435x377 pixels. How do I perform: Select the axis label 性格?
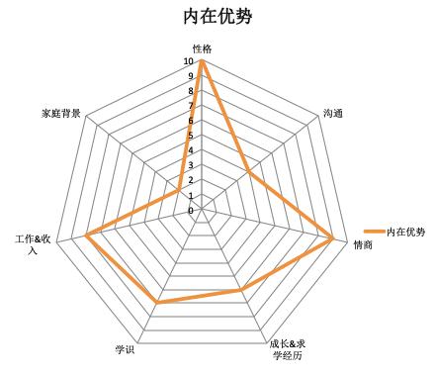[202, 47]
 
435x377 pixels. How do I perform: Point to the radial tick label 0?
[191, 210]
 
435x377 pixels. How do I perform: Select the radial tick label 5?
[191, 136]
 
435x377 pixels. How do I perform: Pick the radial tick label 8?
[191, 91]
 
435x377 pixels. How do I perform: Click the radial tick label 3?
[191, 165]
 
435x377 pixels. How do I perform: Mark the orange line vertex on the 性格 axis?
[202, 61]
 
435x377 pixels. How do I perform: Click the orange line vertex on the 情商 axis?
[333, 238]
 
